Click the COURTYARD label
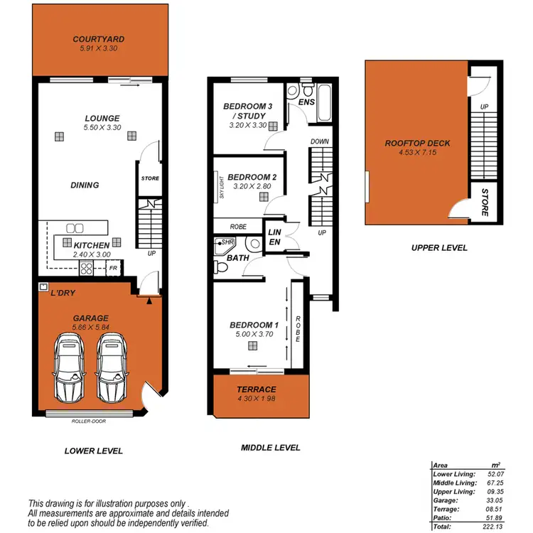pyautogui.click(x=99, y=39)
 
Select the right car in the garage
pyautogui.click(x=113, y=368)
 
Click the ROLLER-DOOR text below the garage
pyautogui.click(x=90, y=421)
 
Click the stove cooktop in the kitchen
pyautogui.click(x=87, y=268)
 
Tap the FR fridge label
pyautogui.click(x=112, y=269)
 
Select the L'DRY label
pyautogui.click(x=63, y=293)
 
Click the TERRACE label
pyautogui.click(x=257, y=389)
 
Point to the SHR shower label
pyautogui.click(x=228, y=242)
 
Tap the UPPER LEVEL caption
pyautogui.click(x=438, y=247)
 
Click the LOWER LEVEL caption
pyautogui.click(x=93, y=451)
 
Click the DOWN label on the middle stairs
pyautogui.click(x=320, y=141)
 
